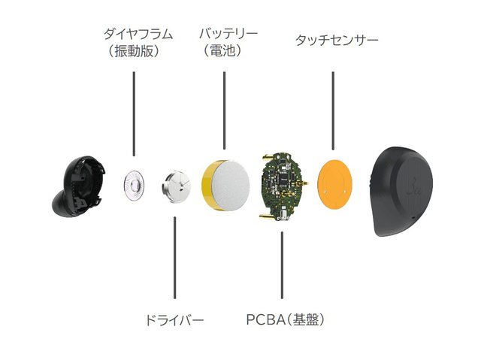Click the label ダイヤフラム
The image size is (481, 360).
[x=138, y=35]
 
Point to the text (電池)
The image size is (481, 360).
[x=225, y=52]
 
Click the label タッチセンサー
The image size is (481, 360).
[x=337, y=38]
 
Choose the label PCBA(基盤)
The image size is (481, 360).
[x=285, y=319]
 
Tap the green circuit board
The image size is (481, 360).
[x=281, y=186]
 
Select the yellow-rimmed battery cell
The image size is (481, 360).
[x=228, y=184]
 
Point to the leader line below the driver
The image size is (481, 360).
[x=175, y=259]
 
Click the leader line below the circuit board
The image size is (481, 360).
[x=283, y=267]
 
